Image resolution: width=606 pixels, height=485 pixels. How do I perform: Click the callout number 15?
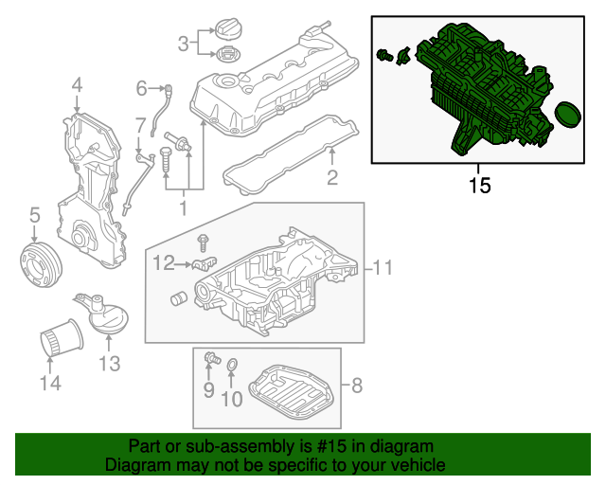pos(480,184)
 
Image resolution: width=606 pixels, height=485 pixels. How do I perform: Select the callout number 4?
pos(76,89)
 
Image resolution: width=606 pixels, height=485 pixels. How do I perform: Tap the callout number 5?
pos(34,216)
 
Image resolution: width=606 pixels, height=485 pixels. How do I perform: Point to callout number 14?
pos(49,383)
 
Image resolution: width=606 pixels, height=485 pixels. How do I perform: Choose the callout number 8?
pos(357,386)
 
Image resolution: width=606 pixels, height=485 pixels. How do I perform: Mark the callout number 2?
pos(332,177)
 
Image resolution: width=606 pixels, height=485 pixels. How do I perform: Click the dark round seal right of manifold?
pos(566,116)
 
